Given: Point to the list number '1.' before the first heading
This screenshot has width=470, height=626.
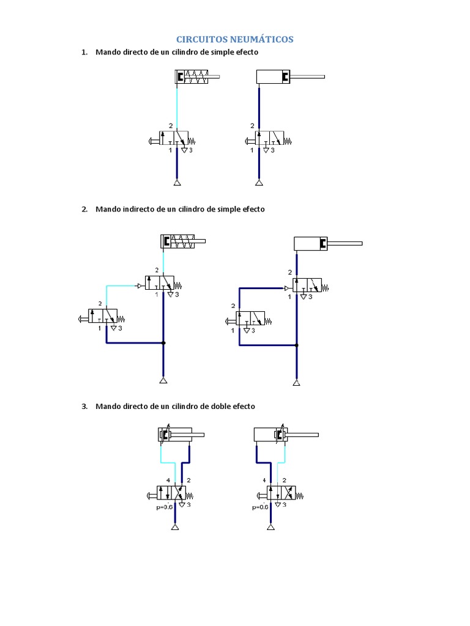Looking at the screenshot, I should [85, 53].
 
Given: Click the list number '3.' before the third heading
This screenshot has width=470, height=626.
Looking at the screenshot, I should [85, 406].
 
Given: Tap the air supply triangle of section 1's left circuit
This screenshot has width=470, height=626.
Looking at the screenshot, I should [176, 183].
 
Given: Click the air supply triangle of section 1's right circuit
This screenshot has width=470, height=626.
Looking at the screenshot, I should [259, 183].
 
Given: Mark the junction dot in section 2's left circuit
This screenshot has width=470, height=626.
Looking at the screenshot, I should [163, 343].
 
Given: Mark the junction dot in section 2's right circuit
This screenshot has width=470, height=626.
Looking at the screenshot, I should [296, 345].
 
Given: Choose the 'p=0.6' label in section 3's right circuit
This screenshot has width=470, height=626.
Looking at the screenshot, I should [261, 507].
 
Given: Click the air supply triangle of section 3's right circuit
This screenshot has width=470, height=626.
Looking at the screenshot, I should [271, 527].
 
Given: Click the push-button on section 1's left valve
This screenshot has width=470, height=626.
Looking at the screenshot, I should [153, 142].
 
